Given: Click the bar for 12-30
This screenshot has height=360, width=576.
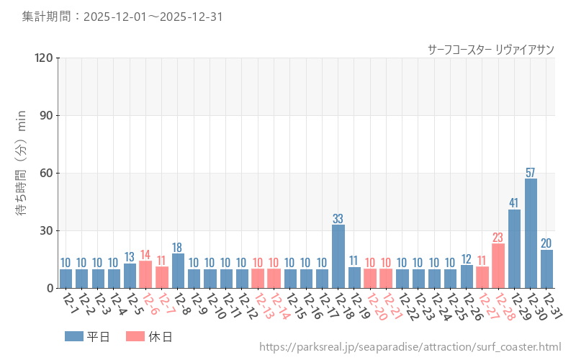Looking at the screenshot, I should (x=531, y=233).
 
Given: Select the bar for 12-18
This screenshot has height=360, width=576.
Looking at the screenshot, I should (x=338, y=256).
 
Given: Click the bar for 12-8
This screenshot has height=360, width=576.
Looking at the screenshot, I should (x=178, y=271).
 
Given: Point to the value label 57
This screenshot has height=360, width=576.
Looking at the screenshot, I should (x=531, y=173).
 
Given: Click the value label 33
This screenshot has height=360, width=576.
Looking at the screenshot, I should (x=338, y=219).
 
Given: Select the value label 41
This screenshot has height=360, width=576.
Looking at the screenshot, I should (x=514, y=203).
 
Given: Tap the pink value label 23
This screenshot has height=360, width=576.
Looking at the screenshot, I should (x=498, y=238).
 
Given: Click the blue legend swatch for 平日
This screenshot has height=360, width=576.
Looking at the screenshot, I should (x=74, y=336).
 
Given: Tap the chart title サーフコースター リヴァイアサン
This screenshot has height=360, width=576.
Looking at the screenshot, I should (x=490, y=49).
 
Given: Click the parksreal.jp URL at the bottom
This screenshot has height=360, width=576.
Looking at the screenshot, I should (x=410, y=347).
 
